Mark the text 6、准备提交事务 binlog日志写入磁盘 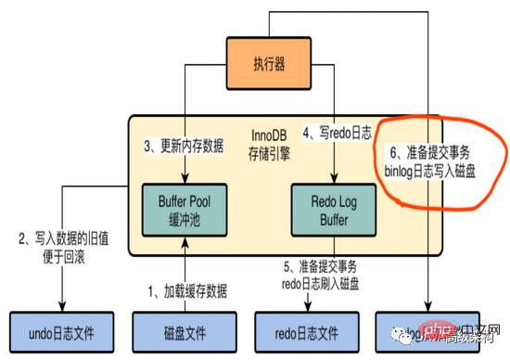tap(432, 162)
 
